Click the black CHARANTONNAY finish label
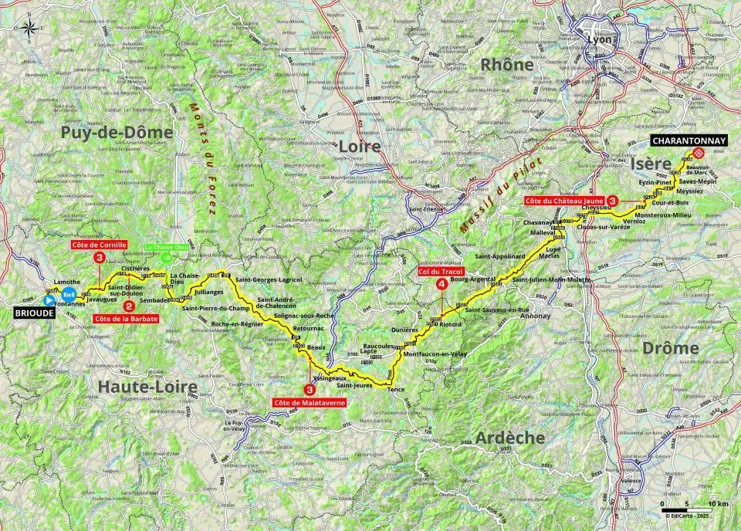point(689,140)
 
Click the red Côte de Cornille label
point(99,245)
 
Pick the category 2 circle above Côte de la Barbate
point(139,305)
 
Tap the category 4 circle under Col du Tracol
point(441,284)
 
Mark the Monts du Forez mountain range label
point(196,146)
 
